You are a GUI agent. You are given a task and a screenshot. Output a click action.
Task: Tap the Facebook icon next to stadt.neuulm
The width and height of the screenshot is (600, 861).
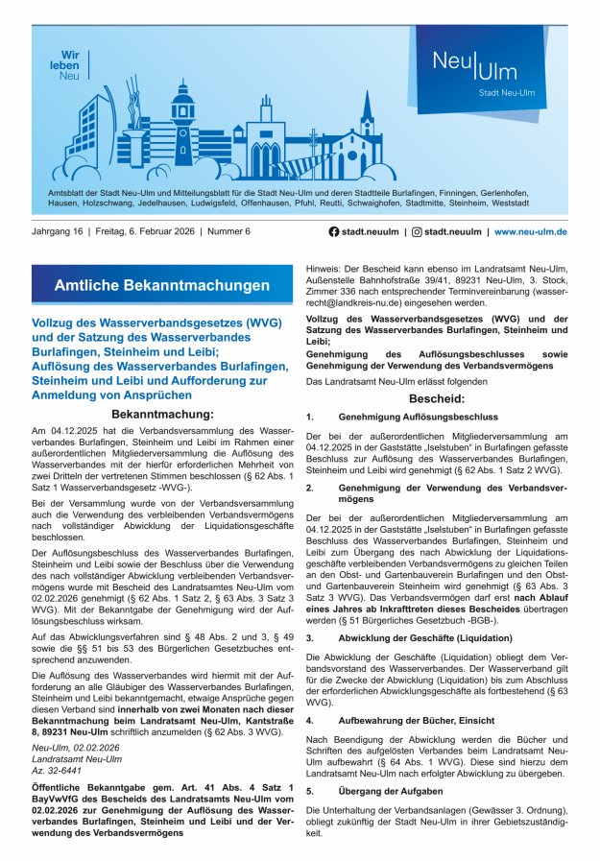pos(334,231)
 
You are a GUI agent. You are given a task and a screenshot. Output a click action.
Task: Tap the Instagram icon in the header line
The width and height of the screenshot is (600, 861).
pos(417,231)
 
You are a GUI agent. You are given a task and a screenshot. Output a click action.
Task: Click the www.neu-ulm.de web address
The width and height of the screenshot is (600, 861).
pos(531,231)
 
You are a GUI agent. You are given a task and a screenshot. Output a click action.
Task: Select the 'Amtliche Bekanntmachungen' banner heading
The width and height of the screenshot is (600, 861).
pos(162,286)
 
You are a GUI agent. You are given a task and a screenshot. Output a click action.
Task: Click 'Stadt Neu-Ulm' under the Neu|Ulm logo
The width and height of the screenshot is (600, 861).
pos(506,93)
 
